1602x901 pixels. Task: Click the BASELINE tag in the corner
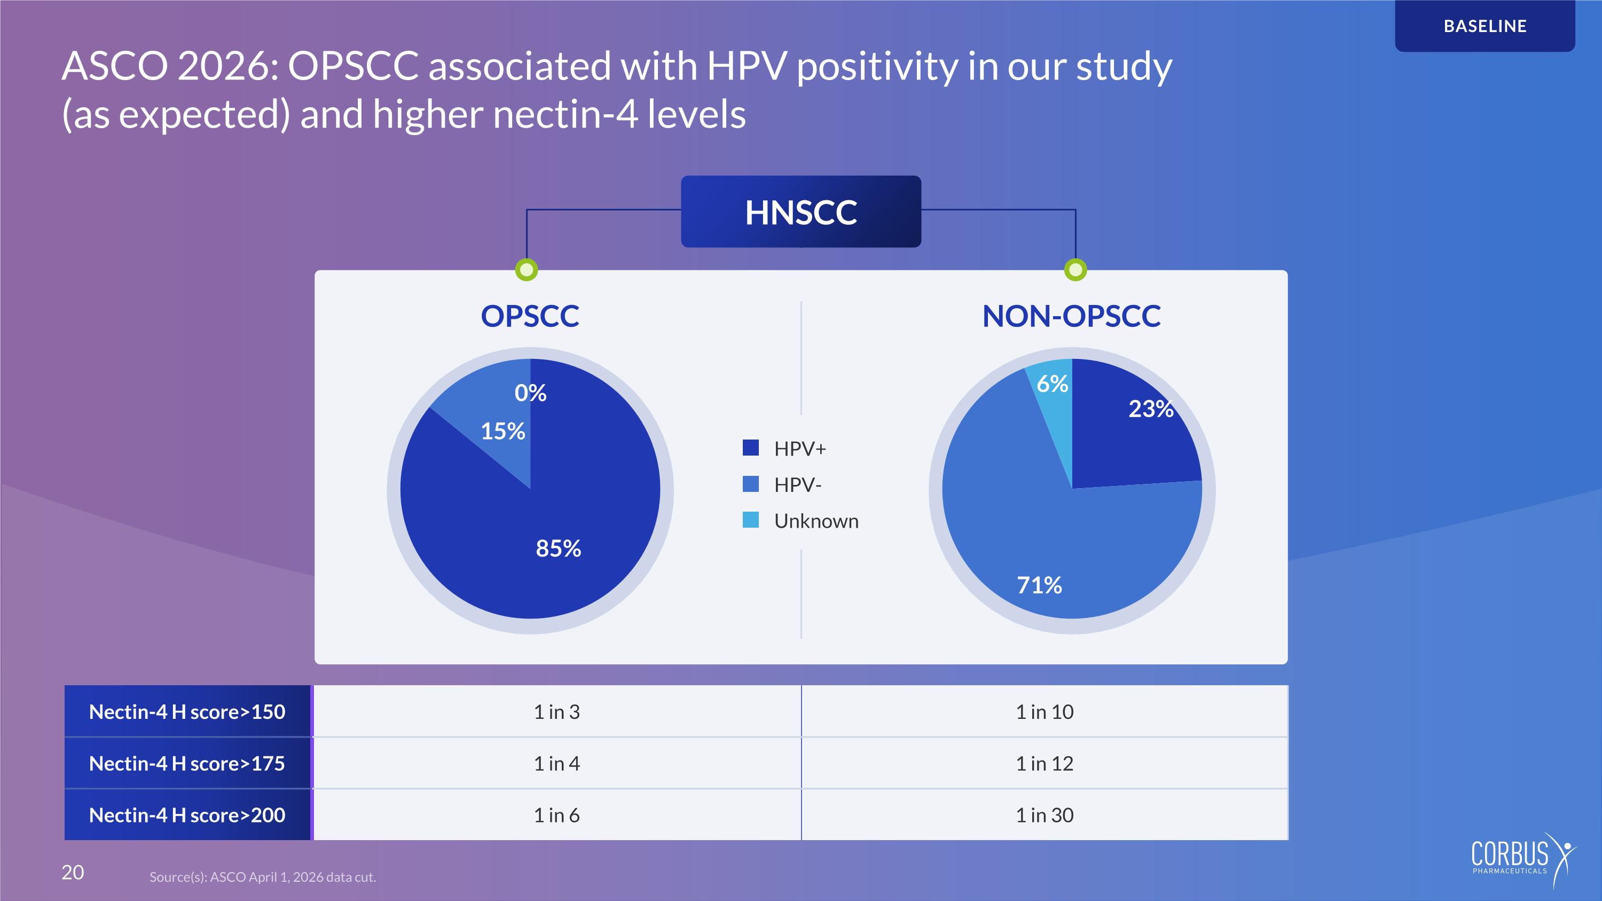[1485, 26]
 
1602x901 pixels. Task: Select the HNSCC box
[801, 211]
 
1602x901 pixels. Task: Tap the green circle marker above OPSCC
[527, 270]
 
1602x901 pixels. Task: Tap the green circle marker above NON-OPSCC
[1075, 270]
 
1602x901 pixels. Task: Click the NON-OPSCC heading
[1071, 316]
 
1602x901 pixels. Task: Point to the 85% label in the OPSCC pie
[559, 549]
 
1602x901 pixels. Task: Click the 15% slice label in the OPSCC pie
[503, 431]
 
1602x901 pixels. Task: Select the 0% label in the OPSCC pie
[530, 393]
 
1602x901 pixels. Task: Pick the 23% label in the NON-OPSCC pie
[1151, 409]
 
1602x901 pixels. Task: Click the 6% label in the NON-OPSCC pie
[1052, 383]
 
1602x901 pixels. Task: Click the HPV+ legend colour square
[751, 448]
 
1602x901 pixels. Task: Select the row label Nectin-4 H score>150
[187, 711]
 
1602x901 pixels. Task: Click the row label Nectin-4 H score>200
[187, 814]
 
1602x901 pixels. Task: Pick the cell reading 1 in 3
[556, 711]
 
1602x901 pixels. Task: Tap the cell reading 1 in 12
[1045, 763]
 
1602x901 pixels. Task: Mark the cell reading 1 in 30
[1045, 814]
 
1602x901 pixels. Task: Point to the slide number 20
[73, 872]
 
